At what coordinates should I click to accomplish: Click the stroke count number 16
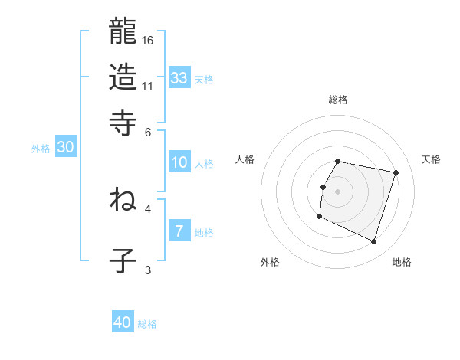point(149,39)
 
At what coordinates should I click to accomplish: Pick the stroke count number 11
point(149,85)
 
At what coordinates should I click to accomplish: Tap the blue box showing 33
point(179,77)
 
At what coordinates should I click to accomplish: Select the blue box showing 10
point(179,162)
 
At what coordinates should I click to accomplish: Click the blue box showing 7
point(179,231)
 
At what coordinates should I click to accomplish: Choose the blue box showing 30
point(65,148)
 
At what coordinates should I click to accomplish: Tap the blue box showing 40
point(123,322)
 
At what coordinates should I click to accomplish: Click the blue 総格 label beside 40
point(147,324)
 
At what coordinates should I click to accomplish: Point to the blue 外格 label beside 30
point(41,149)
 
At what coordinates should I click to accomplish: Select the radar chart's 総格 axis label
point(338,100)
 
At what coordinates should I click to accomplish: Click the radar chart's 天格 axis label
point(432,159)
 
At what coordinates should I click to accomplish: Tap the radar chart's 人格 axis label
point(245,159)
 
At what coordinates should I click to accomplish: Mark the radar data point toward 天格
point(396,173)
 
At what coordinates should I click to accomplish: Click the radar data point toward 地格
point(373,242)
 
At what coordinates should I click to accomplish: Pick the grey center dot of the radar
point(338,191)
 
